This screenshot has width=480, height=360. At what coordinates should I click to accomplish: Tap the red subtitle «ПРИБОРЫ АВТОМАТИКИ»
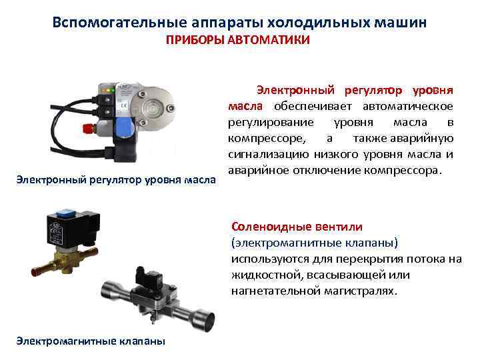(x=238, y=40)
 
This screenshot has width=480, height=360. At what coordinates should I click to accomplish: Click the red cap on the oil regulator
(x=88, y=128)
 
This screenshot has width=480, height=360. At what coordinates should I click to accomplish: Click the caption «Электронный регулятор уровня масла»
(x=116, y=180)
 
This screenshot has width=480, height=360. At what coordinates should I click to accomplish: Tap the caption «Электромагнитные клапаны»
(x=91, y=341)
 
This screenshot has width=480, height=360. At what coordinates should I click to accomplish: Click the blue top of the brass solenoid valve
(x=65, y=212)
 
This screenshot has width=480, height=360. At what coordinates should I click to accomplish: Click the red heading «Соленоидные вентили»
(x=297, y=227)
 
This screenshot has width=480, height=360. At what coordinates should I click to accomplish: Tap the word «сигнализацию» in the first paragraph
(x=269, y=154)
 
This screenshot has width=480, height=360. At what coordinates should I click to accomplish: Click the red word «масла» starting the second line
(x=245, y=106)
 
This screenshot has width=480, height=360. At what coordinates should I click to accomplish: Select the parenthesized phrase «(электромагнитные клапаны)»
(x=315, y=243)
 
